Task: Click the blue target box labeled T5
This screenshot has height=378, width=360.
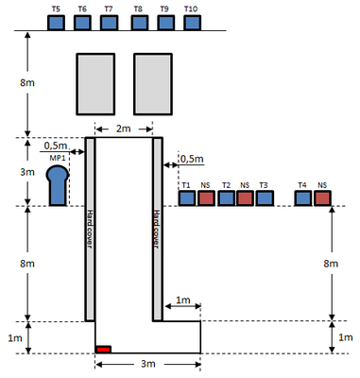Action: (x=56, y=23)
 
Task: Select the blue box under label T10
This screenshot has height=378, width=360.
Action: (x=192, y=23)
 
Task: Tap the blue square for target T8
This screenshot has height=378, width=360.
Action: (x=140, y=23)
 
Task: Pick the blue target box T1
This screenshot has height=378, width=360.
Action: (x=187, y=198)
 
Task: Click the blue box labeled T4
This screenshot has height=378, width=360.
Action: (x=303, y=198)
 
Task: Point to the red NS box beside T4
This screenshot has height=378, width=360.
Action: (x=322, y=198)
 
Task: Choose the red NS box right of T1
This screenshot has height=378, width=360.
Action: (x=207, y=198)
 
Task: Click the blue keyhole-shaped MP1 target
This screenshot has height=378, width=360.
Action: (x=58, y=186)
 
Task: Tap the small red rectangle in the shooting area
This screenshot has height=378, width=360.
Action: (x=104, y=350)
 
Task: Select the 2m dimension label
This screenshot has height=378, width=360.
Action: (x=124, y=129)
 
